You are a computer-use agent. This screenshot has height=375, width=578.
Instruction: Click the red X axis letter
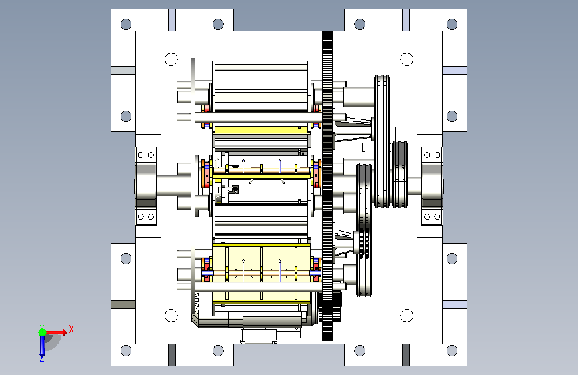[x=71, y=329]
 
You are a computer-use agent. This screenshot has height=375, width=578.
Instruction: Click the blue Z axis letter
[x=41, y=358]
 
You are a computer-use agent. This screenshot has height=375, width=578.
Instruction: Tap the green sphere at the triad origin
[x=43, y=332]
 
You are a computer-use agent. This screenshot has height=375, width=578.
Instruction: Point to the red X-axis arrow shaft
[x=55, y=332]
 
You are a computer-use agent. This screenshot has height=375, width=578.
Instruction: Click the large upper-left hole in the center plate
[x=171, y=59]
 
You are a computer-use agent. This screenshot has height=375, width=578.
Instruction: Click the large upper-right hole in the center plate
[x=407, y=59]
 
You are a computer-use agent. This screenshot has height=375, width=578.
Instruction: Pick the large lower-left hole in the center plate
[x=171, y=316]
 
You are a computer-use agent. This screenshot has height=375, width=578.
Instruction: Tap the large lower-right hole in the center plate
[x=407, y=316]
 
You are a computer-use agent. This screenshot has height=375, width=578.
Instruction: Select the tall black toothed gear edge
[x=327, y=186]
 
